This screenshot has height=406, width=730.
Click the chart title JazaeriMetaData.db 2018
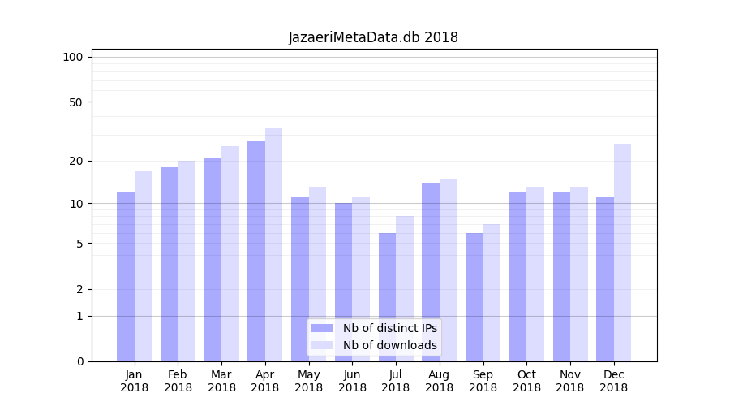coord(373,37)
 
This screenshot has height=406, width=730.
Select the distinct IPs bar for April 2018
coord(256,252)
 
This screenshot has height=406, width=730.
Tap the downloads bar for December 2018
coord(622,253)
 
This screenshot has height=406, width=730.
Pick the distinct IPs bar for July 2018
coord(387,297)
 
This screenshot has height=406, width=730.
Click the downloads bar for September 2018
coord(492,293)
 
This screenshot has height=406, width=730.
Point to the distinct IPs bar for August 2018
coord(431,272)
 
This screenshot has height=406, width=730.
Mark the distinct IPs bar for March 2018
coord(213,260)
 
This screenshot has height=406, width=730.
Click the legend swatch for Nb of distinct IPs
coord(322,328)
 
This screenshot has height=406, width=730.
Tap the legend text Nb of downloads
coord(389,345)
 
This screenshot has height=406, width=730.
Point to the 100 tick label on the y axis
coord(73,57)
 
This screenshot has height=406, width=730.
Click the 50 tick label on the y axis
coord(75,102)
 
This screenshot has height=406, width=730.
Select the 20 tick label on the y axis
coord(75,161)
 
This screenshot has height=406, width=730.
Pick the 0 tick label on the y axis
coord(79,361)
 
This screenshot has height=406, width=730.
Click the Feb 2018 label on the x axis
coord(178,381)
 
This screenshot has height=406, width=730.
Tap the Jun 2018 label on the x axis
coord(352,381)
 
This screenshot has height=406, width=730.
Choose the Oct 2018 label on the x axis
coord(526,381)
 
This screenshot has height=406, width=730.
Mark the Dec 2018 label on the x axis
coord(614,381)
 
